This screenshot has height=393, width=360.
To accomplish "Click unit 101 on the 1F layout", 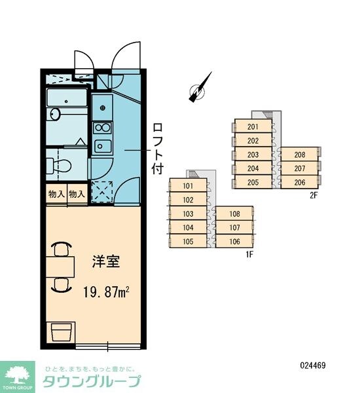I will click(189, 186).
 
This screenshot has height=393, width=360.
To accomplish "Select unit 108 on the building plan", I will click(234, 214).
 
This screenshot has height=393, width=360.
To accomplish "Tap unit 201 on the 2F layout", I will click(253, 127).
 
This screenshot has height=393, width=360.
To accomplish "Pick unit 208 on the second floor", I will click(299, 155).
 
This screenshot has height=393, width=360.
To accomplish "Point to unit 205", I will click(253, 182).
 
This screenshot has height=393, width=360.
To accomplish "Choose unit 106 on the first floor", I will click(234, 241).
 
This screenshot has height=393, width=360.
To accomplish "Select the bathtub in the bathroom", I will click(66, 99).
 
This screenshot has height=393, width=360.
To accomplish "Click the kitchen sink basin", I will click(101, 145).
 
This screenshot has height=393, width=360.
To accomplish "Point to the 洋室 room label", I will click(105, 260).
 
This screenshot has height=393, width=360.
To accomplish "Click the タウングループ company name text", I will click(90, 382).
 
